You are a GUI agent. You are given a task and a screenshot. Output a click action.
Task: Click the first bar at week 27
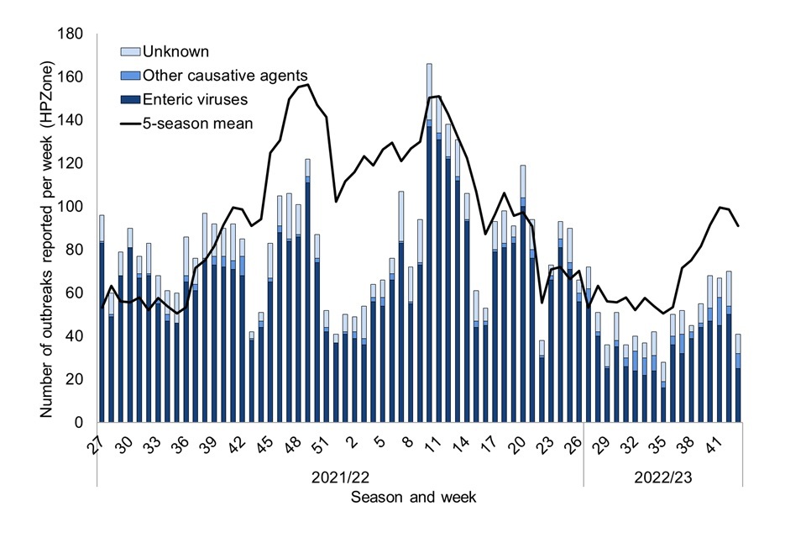tap(102, 319)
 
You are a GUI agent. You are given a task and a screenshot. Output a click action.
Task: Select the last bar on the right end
tap(738, 378)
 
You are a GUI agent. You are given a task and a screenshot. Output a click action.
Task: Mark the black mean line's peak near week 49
tap(308, 85)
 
